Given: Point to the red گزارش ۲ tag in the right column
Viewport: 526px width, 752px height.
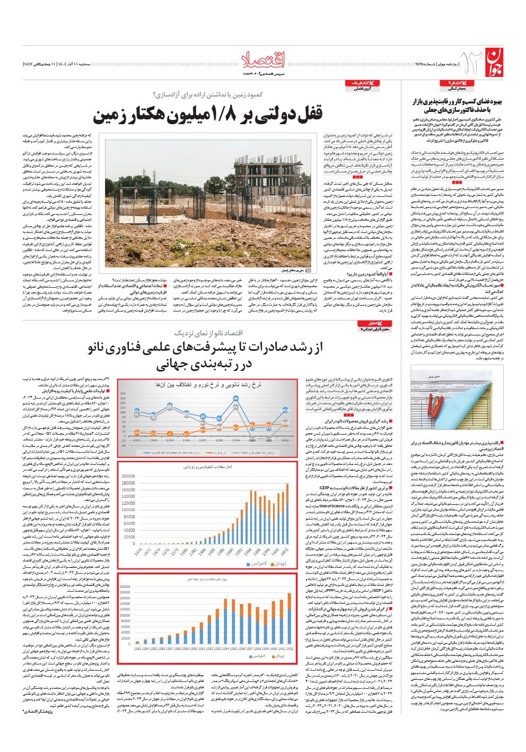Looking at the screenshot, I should pos(459,83).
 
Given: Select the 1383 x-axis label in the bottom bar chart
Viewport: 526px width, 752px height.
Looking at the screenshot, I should pos(138,664).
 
